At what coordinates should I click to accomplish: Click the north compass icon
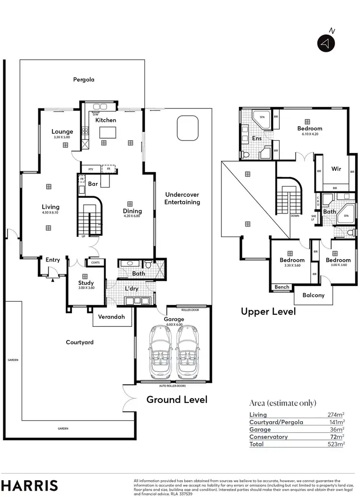pos(325,43)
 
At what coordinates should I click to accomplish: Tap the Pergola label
pos(84,80)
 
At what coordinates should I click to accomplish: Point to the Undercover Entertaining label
pos(182,198)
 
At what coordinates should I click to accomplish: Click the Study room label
pos(86,283)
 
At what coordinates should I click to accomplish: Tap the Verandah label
pos(111,317)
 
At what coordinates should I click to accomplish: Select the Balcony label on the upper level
pos(313,296)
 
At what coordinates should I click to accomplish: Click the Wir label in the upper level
pos(336,169)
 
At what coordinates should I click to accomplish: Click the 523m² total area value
pos(335,444)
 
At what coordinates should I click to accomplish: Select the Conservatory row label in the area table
pos(268,437)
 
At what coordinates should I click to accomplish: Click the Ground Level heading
pos(177,400)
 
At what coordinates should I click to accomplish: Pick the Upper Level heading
pos(268,311)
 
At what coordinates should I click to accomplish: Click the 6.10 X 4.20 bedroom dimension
pos(310,134)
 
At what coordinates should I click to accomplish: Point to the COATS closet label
pos(92,262)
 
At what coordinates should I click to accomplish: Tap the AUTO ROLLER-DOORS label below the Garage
pos(172,386)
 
